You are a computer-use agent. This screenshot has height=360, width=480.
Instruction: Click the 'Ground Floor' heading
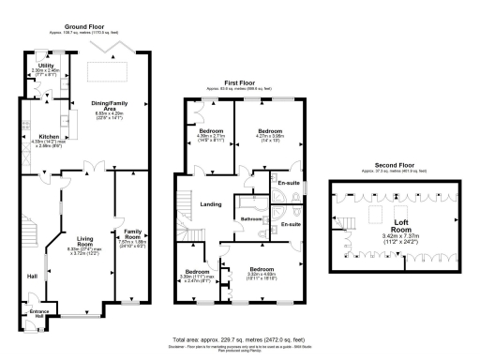pos(83,29)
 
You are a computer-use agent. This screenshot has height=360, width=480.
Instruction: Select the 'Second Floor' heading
pos(387,166)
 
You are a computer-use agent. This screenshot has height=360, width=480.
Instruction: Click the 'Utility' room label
pos(44,66)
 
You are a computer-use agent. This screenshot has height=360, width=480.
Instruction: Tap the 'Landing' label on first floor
pos(209,199)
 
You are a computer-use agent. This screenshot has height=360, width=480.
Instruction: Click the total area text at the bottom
pos(239,338)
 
